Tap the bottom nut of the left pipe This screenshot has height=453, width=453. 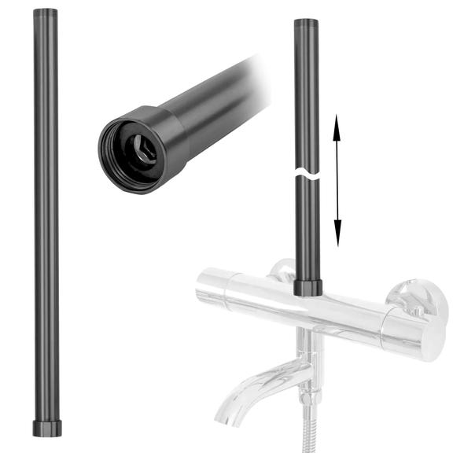pos(46,428)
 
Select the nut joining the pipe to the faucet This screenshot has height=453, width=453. pos(307,287)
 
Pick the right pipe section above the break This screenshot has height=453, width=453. pos(306,94)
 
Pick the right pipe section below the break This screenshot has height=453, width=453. pos(307,228)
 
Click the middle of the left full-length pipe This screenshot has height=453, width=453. pos(46,220)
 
